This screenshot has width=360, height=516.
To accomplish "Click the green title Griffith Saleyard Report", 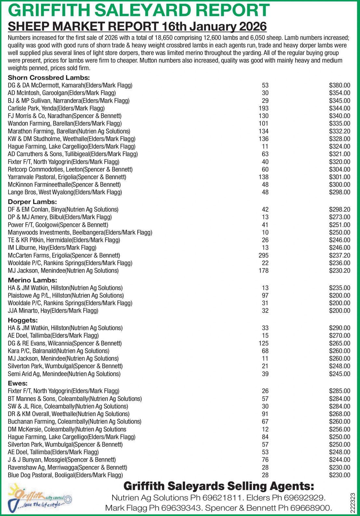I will point(139,10).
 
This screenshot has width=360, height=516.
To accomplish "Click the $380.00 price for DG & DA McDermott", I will point(340,86).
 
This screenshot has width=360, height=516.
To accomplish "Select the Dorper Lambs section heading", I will point(32,202).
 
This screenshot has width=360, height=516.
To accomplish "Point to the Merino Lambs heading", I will point(33,280).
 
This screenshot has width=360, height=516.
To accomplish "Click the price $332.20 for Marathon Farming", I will point(340,131).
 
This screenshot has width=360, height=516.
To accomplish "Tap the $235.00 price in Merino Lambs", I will point(340,288).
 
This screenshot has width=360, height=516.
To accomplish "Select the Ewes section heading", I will point(18,383).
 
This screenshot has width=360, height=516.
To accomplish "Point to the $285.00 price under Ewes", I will point(340,391).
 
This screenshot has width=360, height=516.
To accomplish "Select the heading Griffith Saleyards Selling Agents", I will point(219,486).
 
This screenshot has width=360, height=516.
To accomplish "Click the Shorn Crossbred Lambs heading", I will point(48,78).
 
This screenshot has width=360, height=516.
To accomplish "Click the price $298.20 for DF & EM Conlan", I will point(340,210).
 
